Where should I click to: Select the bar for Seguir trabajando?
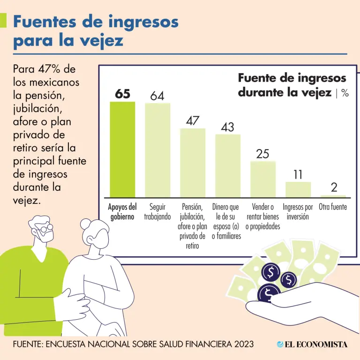click(157, 150)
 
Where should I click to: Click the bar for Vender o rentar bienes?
click(263, 179)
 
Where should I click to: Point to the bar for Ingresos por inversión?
click(298, 189)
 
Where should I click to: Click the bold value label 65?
click(122, 94)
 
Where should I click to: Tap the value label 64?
click(157, 96)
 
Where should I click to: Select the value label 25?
click(263, 154)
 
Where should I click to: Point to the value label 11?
click(298, 175)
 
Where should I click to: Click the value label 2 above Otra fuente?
click(334, 188)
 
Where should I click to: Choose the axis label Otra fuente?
click(333, 207)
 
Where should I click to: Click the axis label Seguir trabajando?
click(157, 212)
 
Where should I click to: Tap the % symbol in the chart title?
click(345, 93)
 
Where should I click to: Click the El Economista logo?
click(312, 344)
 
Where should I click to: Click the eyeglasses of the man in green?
click(46, 231)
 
